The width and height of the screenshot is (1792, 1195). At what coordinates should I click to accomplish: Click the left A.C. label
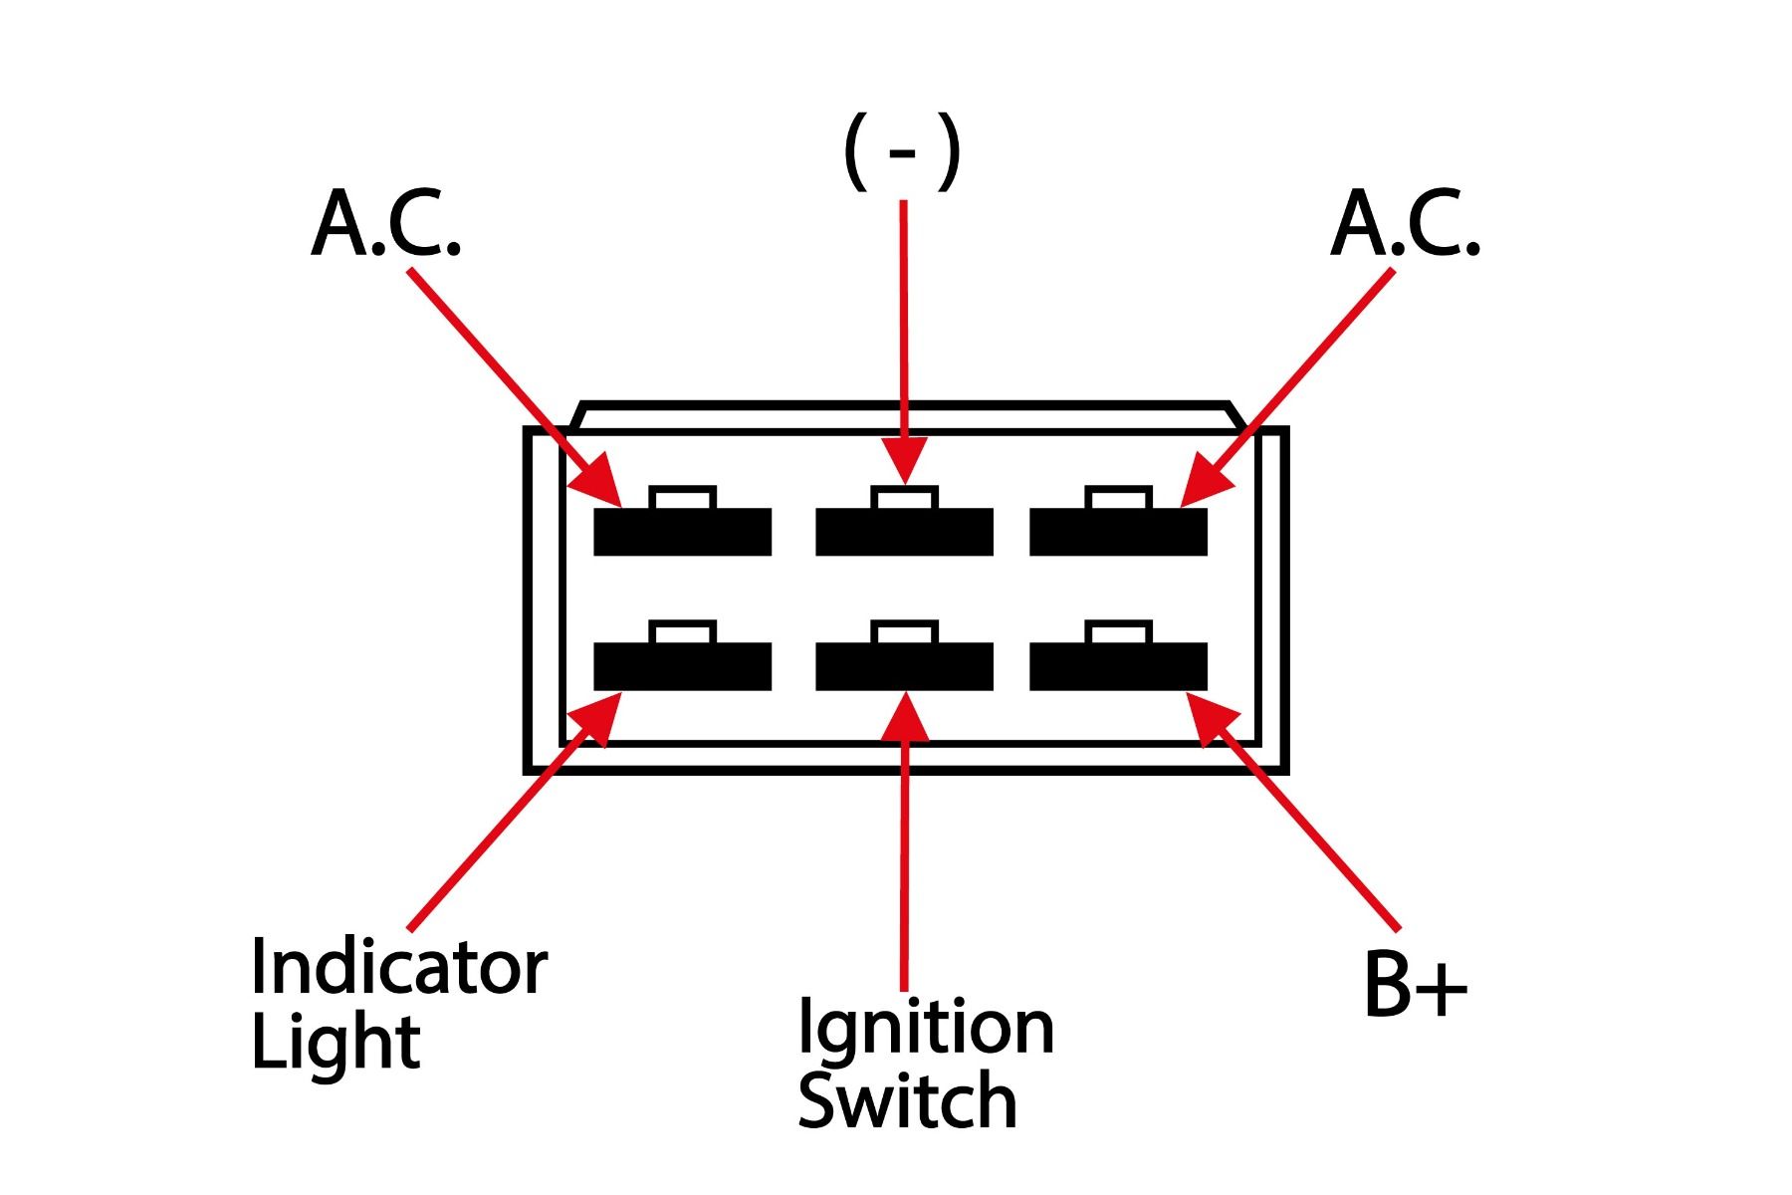[x=386, y=225]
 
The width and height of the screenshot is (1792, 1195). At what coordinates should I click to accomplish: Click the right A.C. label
[x=1405, y=225]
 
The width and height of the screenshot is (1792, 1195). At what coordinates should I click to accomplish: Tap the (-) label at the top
[x=902, y=151]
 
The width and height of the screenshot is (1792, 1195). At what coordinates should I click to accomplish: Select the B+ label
[x=1415, y=985]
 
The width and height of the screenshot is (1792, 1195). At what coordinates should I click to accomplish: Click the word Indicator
[x=398, y=965]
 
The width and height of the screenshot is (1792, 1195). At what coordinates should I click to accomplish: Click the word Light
[x=336, y=1043]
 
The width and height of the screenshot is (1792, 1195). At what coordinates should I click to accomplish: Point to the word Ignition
[x=926, y=1027]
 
